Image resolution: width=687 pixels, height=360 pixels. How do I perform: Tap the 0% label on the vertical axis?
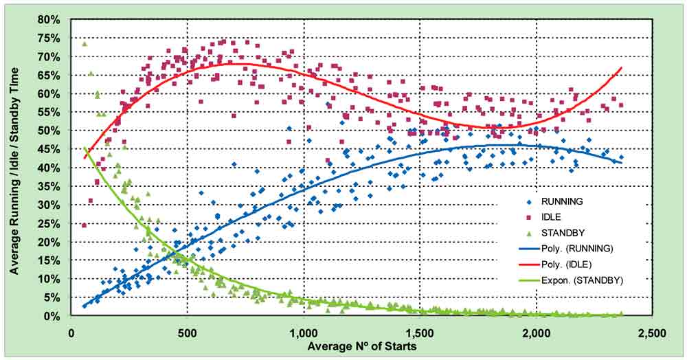[x=54, y=316]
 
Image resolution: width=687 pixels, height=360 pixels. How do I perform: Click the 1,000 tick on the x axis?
[x=304, y=333]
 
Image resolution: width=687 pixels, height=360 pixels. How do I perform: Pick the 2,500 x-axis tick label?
[x=653, y=333]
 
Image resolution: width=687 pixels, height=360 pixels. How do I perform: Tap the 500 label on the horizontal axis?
[x=187, y=333]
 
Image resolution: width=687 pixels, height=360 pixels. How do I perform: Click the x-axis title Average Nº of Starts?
[x=362, y=347]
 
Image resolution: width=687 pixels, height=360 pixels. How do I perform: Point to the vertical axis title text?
[x=15, y=171]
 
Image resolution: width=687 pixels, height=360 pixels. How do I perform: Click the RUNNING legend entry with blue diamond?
[x=555, y=201]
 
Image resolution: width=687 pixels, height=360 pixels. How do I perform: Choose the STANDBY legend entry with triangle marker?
[x=555, y=233]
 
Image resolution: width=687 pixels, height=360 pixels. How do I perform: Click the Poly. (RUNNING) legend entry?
[x=566, y=249]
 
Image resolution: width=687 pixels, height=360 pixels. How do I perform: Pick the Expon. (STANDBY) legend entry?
[x=571, y=280]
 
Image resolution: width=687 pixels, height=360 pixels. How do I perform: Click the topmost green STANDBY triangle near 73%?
[x=85, y=44]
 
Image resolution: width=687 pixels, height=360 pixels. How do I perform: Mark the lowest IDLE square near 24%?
[x=84, y=225]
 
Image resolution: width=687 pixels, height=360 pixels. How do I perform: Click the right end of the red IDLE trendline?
[x=621, y=68]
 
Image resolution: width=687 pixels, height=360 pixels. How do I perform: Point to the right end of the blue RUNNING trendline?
[x=621, y=163]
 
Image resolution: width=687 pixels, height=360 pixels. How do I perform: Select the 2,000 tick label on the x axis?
[x=537, y=333]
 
